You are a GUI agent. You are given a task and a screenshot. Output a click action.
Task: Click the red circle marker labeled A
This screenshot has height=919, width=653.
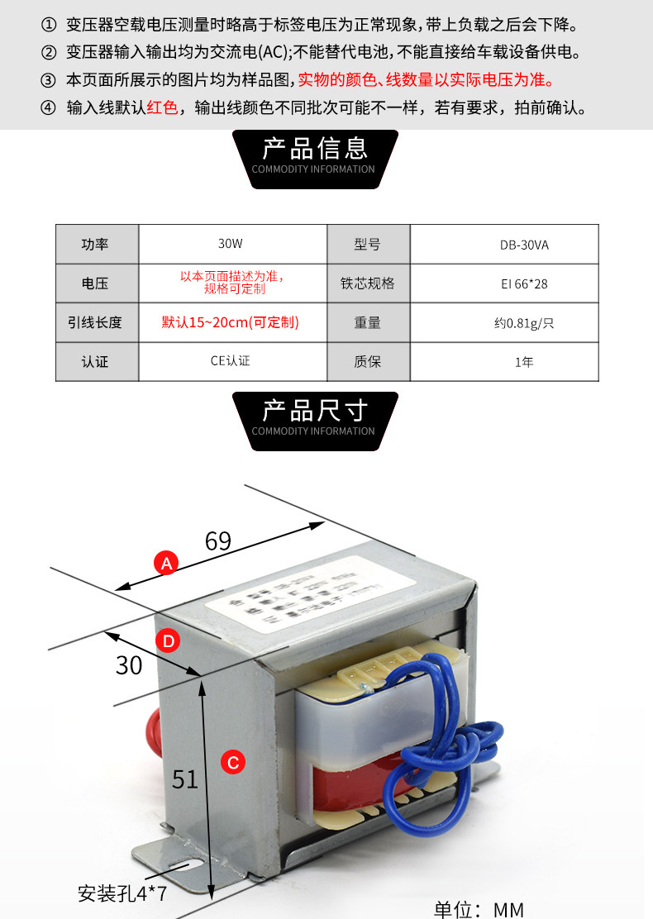[x=167, y=564]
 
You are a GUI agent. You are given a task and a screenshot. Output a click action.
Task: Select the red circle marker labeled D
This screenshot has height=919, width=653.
[x=168, y=640]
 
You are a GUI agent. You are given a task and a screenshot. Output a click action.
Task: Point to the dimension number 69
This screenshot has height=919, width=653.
[x=217, y=541]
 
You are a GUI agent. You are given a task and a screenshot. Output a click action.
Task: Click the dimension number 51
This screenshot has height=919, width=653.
[x=185, y=778]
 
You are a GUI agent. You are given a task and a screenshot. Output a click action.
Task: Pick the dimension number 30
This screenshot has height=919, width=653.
[x=129, y=664]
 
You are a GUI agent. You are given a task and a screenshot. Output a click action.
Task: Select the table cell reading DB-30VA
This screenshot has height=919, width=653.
[x=524, y=245]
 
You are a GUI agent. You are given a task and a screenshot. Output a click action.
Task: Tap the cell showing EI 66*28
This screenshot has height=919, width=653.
[x=524, y=284]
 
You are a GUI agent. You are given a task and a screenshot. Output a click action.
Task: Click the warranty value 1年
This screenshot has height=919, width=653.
[x=524, y=362]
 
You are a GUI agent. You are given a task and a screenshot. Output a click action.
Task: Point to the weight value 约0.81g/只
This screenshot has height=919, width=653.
[x=524, y=323]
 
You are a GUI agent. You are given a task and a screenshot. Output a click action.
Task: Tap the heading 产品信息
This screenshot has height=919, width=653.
[x=314, y=149]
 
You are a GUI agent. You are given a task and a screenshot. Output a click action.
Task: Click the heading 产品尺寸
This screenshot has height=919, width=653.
[x=314, y=411]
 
